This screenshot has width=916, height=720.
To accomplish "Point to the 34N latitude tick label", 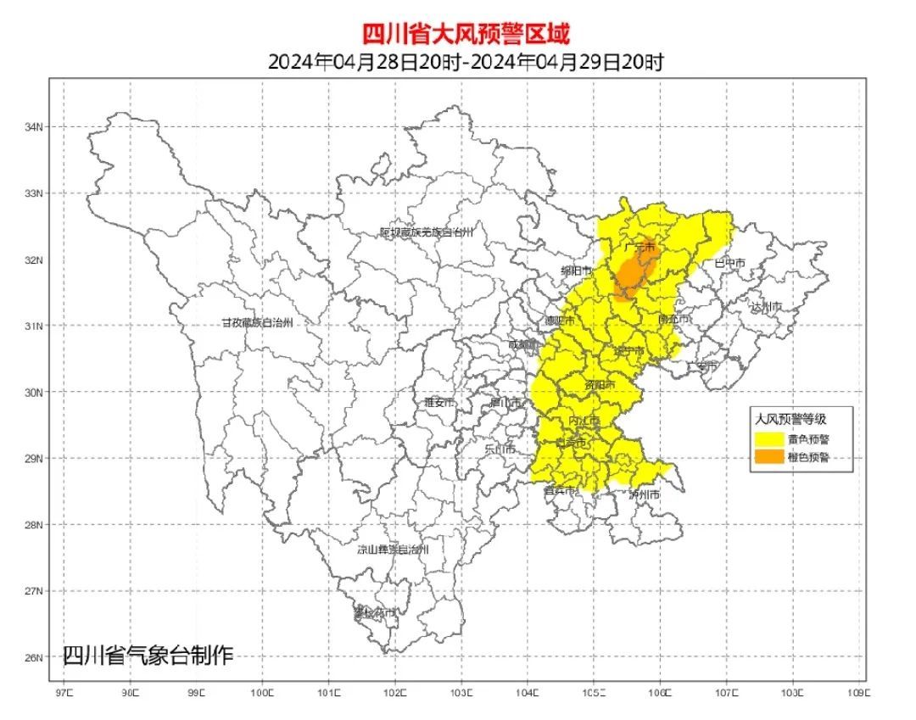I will click(x=33, y=127).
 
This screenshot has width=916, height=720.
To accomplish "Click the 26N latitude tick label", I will click(x=33, y=657).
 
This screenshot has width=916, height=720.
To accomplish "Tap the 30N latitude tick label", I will click(x=33, y=392).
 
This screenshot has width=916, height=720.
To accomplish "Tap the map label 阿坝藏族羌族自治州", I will click(x=426, y=232).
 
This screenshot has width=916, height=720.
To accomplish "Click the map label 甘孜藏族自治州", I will click(x=257, y=323).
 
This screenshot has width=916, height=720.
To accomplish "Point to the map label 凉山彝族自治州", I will click(x=393, y=550).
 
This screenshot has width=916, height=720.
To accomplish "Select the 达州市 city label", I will click(x=766, y=306).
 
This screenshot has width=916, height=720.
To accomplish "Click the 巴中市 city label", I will click(x=729, y=264).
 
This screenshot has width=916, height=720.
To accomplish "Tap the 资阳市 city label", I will click(x=600, y=384).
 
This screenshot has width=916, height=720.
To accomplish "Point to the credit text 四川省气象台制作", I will click(x=147, y=655).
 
